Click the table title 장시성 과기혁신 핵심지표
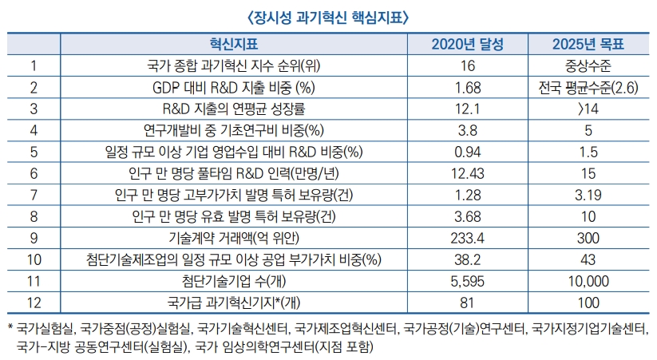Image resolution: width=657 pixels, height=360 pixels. point(328,15)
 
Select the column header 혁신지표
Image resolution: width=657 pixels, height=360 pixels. point(234,44)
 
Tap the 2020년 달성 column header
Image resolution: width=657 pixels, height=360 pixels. point(468,44)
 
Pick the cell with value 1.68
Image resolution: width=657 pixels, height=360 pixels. point(468,87)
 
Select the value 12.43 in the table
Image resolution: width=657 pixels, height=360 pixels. point(468,173)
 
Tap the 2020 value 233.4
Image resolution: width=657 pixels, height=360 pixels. point(468,238)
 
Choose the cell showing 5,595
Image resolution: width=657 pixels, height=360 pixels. point(468,281)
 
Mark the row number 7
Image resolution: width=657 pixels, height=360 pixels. point(34,195)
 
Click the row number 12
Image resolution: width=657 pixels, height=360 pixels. point(34,303)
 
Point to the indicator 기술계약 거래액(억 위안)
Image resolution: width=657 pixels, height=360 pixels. point(234,238)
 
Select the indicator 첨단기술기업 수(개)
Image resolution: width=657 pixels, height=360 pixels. point(234,281)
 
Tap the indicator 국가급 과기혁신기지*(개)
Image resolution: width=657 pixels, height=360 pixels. point(234,303)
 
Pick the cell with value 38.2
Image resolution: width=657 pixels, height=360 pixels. point(468,259)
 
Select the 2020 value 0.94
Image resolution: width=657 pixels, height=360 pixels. point(468,152)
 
